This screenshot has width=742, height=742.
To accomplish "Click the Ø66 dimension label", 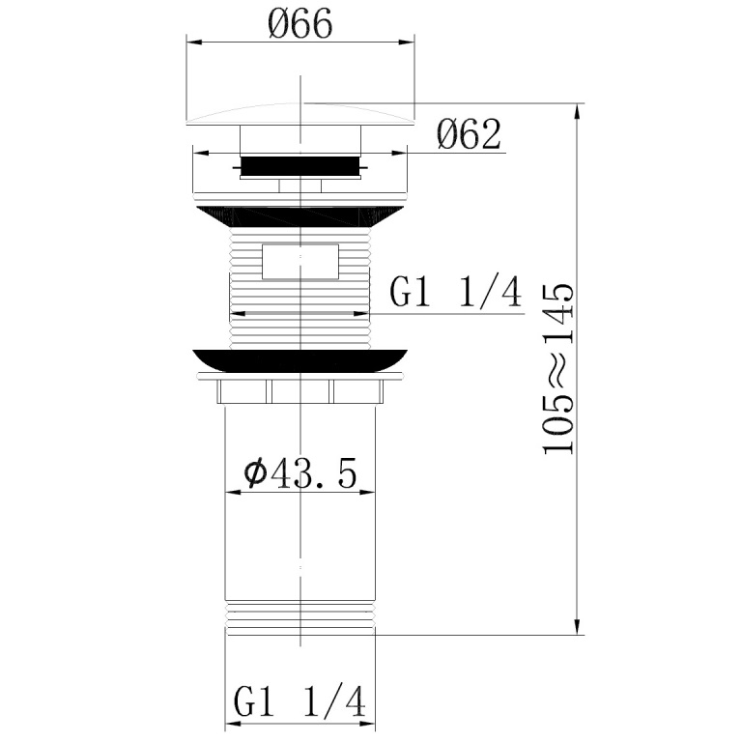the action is (300, 23).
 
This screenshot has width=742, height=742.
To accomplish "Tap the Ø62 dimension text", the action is (469, 134).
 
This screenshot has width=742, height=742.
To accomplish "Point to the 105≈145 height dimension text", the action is (558, 369).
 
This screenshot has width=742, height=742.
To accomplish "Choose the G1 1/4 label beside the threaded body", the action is (456, 292).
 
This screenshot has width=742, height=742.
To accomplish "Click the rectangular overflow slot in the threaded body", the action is (300, 262).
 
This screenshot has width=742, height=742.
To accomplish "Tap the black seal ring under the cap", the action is (300, 166).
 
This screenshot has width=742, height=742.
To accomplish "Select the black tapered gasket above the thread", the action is (300, 217).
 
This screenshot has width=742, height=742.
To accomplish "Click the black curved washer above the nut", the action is (300, 360).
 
